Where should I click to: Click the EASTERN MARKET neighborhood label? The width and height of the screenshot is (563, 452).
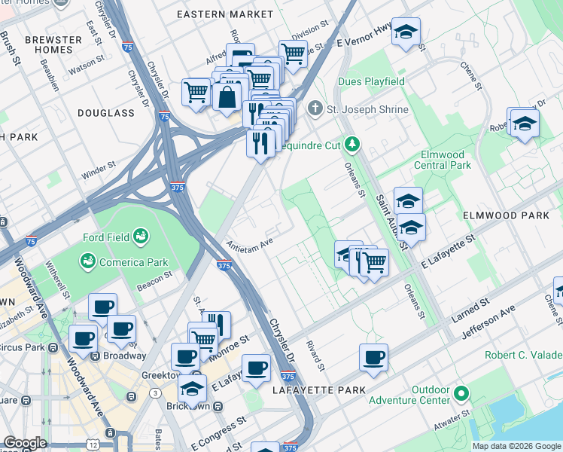[225, 14]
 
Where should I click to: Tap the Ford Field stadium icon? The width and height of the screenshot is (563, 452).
[140, 238]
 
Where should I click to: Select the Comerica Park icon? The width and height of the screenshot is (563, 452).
[88, 261]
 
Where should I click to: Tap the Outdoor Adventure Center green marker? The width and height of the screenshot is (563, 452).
[461, 393]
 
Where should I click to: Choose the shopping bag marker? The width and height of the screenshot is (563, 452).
[227, 96]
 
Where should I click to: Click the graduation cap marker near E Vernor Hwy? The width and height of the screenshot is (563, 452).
[406, 32]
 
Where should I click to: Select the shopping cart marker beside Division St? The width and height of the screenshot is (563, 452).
[293, 53]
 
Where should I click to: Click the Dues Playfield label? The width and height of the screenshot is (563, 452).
[372, 81]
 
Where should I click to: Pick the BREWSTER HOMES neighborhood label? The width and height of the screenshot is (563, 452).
[53, 45]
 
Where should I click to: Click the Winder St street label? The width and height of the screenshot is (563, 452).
[99, 168]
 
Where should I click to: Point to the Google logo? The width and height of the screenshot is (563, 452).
[25, 443]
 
